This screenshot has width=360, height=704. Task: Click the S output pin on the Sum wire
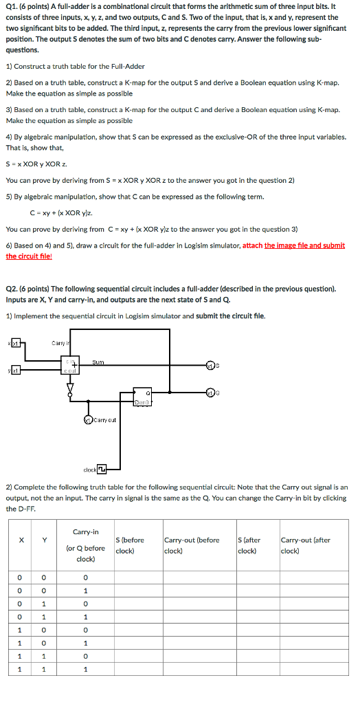pos(212,364)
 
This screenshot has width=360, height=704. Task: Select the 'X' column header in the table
pos(21,540)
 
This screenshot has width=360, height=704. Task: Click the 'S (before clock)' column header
pos(131,545)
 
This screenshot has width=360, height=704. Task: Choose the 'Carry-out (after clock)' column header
pos(305,545)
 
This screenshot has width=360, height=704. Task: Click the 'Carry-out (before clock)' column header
pos(192,545)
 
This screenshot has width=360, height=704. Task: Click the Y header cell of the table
pos(44,540)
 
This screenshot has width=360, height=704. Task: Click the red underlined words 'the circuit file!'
pos(29,256)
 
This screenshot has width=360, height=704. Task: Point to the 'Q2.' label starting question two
pos(11,289)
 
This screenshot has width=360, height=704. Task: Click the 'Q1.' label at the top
pos(11,6)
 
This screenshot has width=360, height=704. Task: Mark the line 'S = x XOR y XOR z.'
pos(36,164)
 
